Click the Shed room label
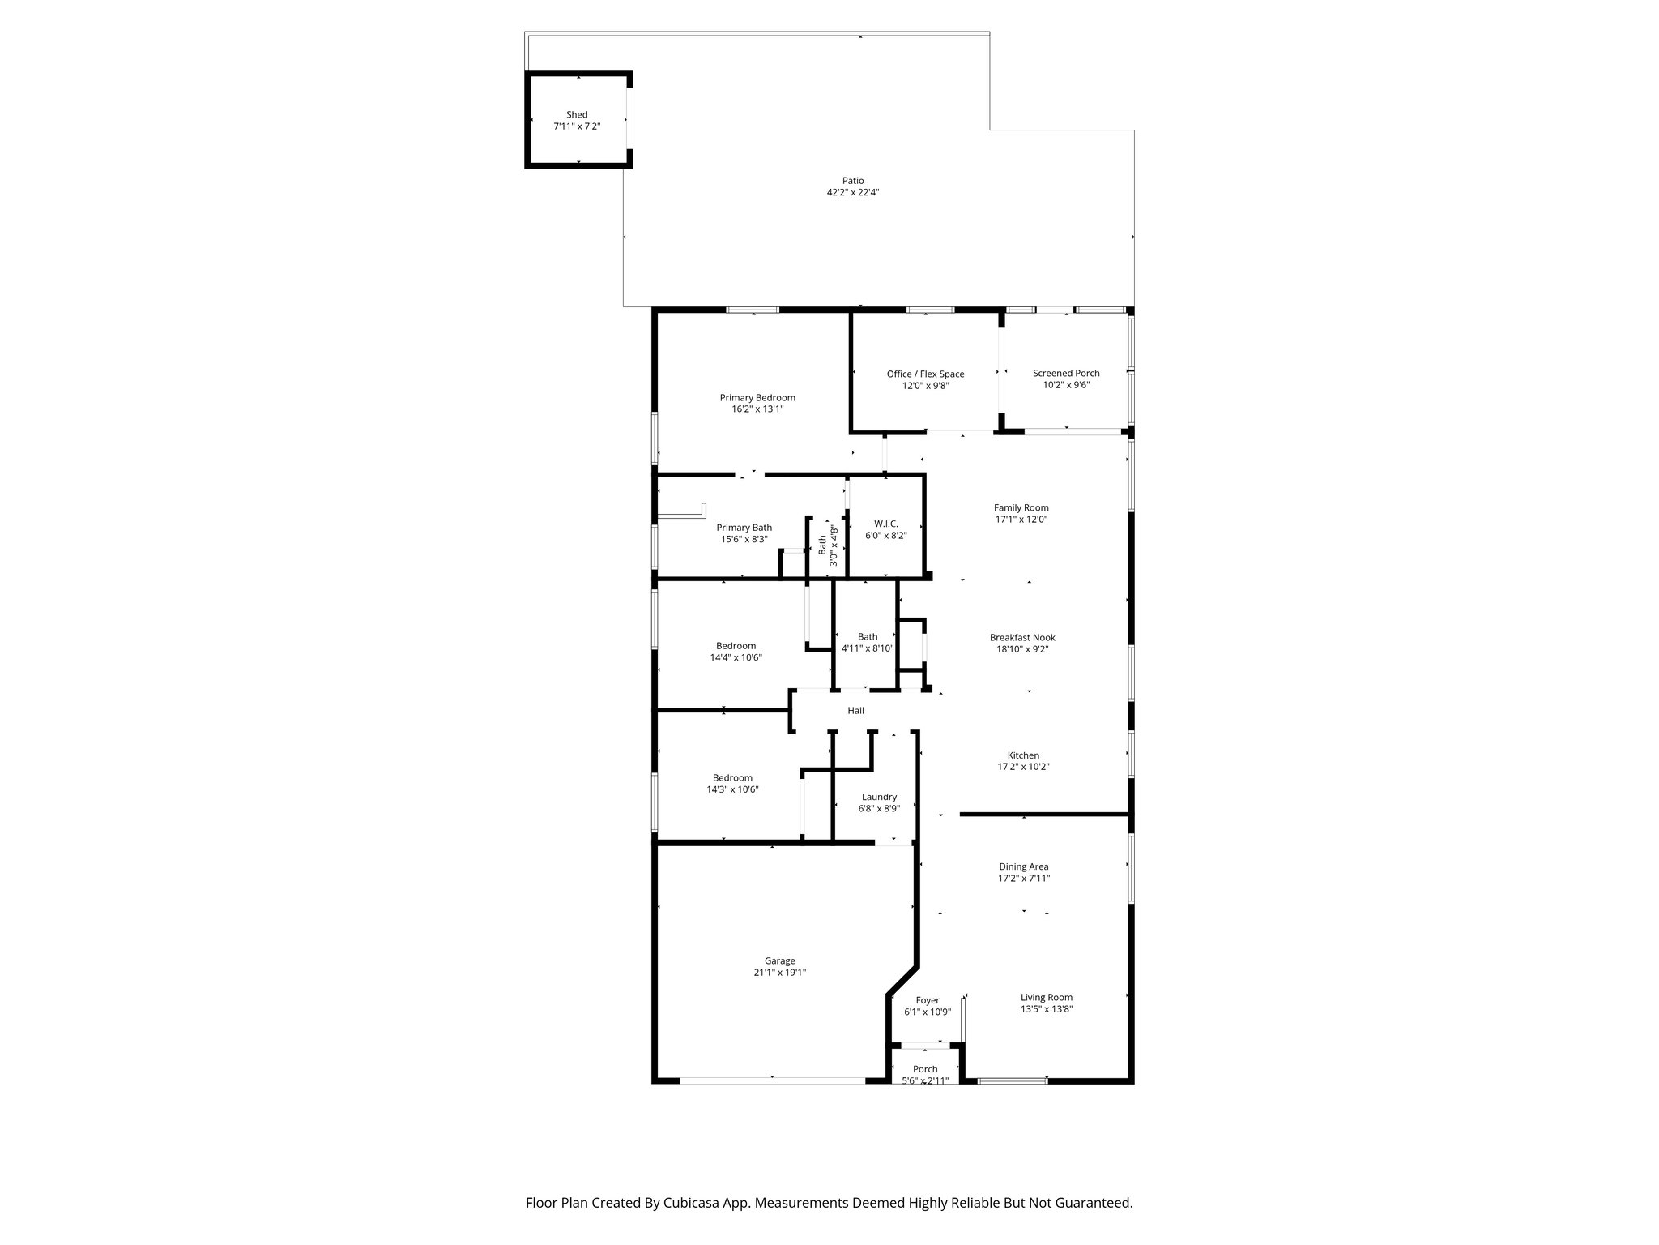[577, 115]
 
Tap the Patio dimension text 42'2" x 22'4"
[852, 193]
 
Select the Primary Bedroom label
[757, 397]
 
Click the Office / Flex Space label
[925, 374]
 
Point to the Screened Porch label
[1066, 373]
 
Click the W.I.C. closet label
[885, 524]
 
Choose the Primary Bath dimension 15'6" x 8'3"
[744, 539]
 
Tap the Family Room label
[1021, 507]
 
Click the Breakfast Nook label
[1022, 637]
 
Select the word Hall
[855, 711]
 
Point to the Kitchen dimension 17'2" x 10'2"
[1022, 767]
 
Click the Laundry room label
[879, 797]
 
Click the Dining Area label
[1023, 866]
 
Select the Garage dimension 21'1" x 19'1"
[779, 973]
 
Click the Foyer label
[927, 1000]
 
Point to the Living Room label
[1046, 997]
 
